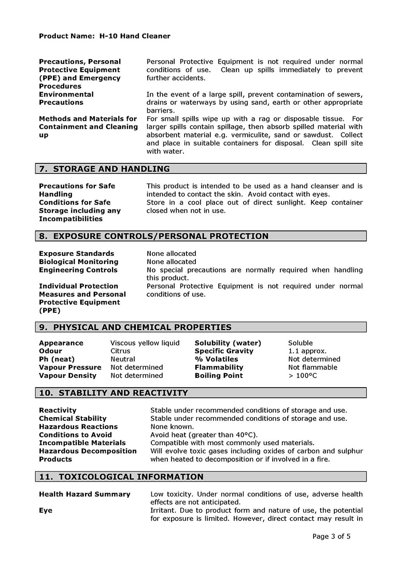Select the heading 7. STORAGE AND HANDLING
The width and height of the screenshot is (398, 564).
(x=104, y=169)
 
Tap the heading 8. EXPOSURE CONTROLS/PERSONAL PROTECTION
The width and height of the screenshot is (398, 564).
(x=154, y=236)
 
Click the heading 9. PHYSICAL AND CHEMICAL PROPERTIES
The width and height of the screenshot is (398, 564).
(x=135, y=327)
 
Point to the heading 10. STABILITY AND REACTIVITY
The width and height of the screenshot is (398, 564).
(x=113, y=393)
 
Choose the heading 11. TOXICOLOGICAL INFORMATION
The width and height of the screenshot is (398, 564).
(x=121, y=477)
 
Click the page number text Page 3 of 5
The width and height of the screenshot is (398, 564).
(x=332, y=537)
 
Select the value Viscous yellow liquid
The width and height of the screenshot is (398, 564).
(x=145, y=343)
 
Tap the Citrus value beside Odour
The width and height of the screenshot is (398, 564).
(x=120, y=351)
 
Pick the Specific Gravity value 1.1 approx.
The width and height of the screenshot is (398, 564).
(x=307, y=351)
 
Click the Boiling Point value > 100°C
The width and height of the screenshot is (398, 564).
(x=303, y=376)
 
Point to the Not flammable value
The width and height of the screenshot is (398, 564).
(x=312, y=367)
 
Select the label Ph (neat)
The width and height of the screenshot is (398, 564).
(x=56, y=359)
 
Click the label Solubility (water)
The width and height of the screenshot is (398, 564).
(x=228, y=343)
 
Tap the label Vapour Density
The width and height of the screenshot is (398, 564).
(x=67, y=376)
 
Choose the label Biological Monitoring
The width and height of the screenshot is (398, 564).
(x=78, y=262)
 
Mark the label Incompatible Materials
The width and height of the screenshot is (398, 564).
(x=82, y=443)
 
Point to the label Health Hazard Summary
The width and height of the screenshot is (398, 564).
(x=84, y=494)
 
